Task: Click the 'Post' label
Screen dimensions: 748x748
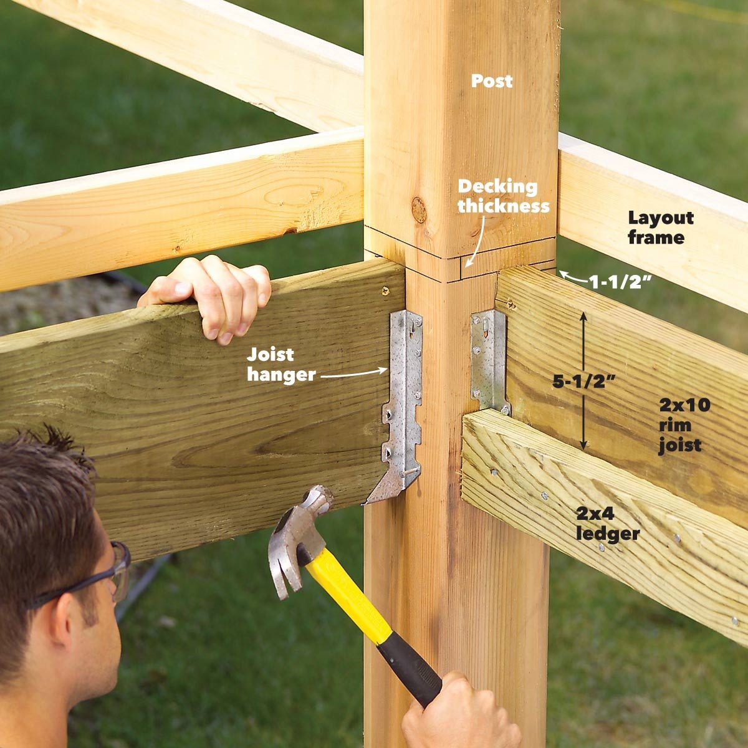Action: click(491, 81)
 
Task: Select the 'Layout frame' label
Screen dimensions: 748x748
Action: click(661, 228)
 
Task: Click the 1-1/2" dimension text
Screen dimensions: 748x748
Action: click(620, 282)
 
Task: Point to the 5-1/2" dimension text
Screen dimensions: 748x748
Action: click(584, 381)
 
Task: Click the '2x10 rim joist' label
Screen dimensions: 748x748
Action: click(684, 426)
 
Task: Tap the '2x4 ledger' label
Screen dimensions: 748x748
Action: click(608, 524)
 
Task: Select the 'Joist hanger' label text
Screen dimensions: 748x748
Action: click(281, 365)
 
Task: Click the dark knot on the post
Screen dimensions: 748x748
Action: click(419, 209)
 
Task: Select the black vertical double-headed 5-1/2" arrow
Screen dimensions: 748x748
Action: click(583, 382)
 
